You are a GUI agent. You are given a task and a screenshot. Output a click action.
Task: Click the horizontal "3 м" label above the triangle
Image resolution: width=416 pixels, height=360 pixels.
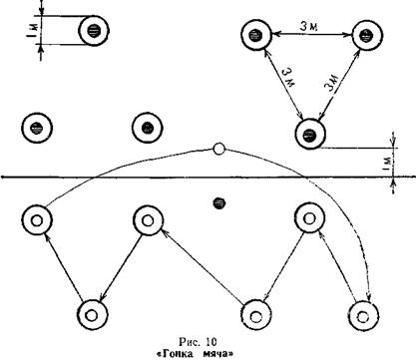(x=309, y=27)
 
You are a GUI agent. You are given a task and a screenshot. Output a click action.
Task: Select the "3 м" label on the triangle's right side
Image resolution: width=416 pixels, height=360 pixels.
(x=331, y=83)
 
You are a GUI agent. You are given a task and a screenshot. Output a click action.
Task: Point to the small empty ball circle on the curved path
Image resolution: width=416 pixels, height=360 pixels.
(x=218, y=149)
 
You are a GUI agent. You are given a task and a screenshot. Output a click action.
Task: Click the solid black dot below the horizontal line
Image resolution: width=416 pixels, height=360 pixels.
(x=218, y=203)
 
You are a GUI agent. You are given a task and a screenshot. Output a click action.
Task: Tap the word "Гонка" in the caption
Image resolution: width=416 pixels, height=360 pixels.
(x=177, y=354)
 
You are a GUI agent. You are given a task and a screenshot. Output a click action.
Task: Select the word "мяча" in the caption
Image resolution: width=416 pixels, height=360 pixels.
(x=217, y=354)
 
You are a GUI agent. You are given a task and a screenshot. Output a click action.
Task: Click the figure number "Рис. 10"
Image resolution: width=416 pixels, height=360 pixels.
(x=198, y=342)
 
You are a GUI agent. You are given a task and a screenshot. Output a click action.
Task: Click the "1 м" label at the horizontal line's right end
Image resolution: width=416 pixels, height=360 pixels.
(x=387, y=163)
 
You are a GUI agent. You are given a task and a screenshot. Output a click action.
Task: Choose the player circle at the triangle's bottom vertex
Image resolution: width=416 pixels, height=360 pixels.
(x=310, y=134)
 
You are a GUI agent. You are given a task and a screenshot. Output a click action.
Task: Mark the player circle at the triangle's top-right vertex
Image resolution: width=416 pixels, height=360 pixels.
(x=367, y=35)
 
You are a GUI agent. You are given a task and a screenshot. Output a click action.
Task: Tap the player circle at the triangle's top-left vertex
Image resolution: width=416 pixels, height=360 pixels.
(x=256, y=35)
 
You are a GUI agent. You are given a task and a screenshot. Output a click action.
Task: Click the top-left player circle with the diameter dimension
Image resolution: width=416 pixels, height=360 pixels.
(x=94, y=31)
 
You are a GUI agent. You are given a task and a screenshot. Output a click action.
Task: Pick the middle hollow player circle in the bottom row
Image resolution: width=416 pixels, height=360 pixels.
(x=255, y=315)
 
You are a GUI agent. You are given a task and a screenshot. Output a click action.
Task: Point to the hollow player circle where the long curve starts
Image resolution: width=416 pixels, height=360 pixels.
(x=37, y=220)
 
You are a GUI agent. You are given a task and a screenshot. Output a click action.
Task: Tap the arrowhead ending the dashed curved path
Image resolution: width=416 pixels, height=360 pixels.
(x=368, y=296)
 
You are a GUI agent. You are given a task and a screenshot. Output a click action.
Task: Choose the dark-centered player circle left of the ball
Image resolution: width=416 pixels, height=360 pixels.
(x=147, y=128)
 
